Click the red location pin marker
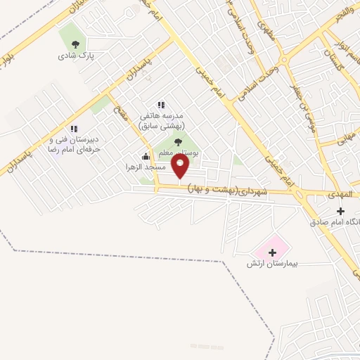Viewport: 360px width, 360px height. pos(181,166)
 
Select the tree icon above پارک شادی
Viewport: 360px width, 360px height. pos(75,43)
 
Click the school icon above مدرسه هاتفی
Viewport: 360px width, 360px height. pos(160,105)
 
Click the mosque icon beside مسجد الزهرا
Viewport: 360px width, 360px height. pos(146,156)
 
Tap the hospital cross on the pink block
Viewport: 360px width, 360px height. pos(272,251)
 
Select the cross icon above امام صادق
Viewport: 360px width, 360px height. pos(340,211)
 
